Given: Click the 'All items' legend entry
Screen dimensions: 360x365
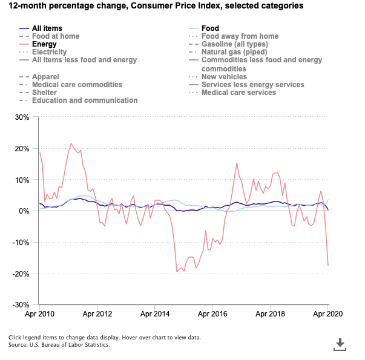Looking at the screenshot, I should pyautogui.click(x=47, y=28).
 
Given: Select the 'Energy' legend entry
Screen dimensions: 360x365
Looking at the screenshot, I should pyautogui.click(x=44, y=44).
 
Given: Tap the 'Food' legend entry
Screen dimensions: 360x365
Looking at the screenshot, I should pyautogui.click(x=210, y=28).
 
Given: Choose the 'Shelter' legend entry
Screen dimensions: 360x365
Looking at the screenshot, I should pyautogui.click(x=45, y=93).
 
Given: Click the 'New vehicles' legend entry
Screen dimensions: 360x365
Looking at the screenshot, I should pyautogui.click(x=224, y=77).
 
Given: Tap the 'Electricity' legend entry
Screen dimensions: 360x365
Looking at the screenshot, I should pyautogui.click(x=49, y=52).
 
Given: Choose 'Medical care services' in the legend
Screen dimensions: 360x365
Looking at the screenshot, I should pyautogui.click(x=238, y=93).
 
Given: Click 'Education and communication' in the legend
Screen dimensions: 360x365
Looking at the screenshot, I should pyautogui.click(x=85, y=100).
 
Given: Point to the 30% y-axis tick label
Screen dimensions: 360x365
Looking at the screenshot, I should pyautogui.click(x=22, y=117).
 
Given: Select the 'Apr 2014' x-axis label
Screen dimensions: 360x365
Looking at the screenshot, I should pyautogui.click(x=156, y=315).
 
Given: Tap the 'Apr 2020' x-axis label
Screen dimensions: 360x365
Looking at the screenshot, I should pyautogui.click(x=328, y=315).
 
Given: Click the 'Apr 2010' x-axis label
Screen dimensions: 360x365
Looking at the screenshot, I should pyautogui.click(x=40, y=315).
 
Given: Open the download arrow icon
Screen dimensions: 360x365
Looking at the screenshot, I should pyautogui.click(x=340, y=344).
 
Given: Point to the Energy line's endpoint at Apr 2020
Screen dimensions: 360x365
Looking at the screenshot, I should pyautogui.click(x=328, y=266).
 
